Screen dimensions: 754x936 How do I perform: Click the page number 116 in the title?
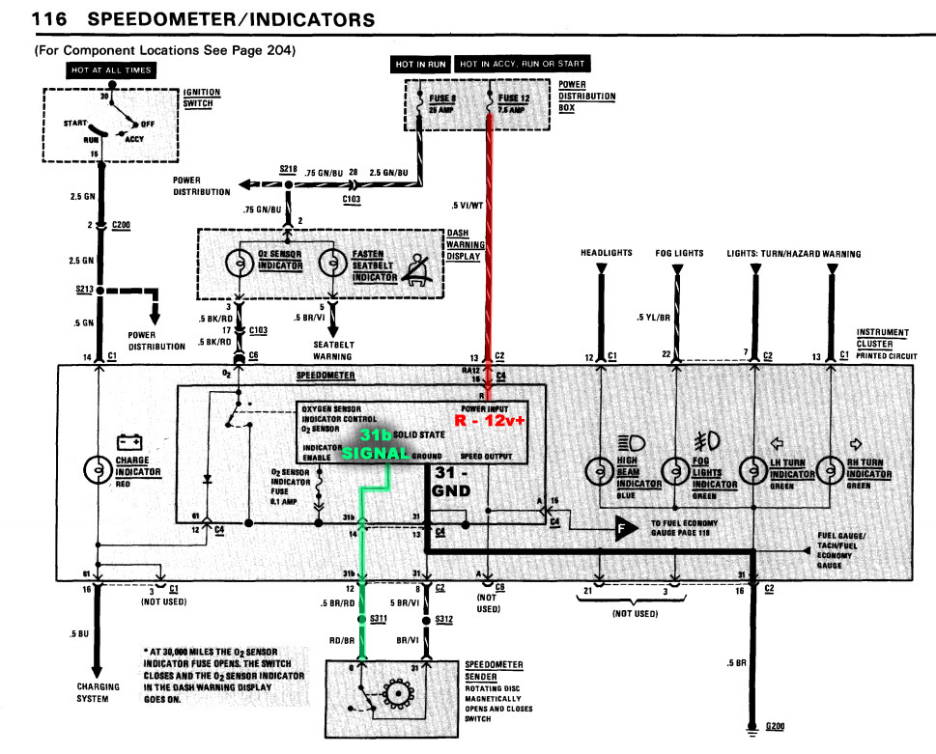[49, 18]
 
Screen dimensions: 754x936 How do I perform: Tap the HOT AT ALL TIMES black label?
[110, 70]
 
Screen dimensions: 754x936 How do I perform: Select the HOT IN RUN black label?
[421, 65]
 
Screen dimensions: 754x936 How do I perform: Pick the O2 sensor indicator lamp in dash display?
[237, 263]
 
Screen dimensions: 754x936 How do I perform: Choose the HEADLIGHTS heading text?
[606, 253]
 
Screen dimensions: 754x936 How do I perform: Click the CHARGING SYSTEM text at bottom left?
[99, 692]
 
